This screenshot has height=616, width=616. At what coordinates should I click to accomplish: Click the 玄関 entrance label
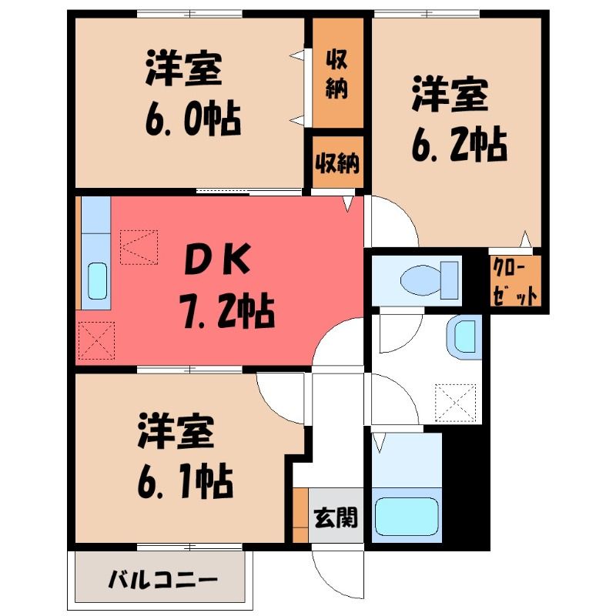pyautogui.click(x=336, y=517)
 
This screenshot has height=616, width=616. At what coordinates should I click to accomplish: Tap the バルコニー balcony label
pyautogui.click(x=163, y=580)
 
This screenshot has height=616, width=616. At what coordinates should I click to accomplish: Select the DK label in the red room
pyautogui.click(x=217, y=259)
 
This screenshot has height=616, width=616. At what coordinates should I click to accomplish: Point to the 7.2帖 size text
pyautogui.click(x=227, y=310)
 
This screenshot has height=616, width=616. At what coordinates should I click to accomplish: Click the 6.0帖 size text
pyautogui.click(x=193, y=119)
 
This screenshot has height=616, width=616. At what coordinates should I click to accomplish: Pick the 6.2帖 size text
pyautogui.click(x=459, y=144)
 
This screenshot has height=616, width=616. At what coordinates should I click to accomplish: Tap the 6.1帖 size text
pyautogui.click(x=186, y=481)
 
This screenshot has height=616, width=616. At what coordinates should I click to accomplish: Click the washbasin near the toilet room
pyautogui.click(x=464, y=336)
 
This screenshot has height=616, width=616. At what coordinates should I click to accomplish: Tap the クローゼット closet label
pyautogui.click(x=515, y=281)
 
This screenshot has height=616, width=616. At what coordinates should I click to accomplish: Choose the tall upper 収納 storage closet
pyautogui.click(x=338, y=72)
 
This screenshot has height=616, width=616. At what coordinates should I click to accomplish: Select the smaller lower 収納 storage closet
pyautogui.click(x=338, y=162)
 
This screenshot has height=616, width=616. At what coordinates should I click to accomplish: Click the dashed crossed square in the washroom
pyautogui.click(x=455, y=403)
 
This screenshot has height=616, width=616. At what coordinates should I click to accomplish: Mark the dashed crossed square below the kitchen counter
pyautogui.click(x=97, y=340)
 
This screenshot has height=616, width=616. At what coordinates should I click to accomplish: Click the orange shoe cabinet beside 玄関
pyautogui.click(x=301, y=514)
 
